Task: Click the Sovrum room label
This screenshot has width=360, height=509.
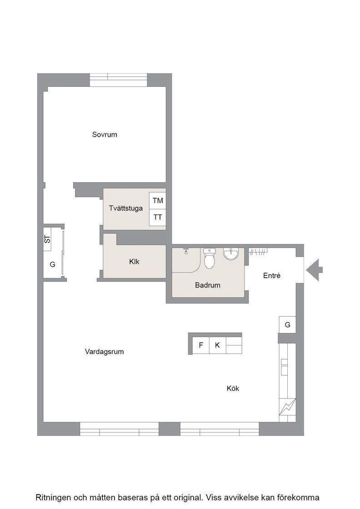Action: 105,135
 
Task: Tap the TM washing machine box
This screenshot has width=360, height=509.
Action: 158,200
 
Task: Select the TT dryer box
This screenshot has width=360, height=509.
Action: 158,218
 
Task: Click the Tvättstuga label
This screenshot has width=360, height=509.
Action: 126,209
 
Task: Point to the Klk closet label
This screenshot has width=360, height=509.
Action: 134,262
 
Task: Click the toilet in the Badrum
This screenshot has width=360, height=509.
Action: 210,259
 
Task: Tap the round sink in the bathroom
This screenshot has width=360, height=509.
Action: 231,254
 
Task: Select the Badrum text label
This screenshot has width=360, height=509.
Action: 208,285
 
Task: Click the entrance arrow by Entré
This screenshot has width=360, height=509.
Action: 314,270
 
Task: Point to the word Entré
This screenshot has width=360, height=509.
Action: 272,275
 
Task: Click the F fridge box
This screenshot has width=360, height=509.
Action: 201,345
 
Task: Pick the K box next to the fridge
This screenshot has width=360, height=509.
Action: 217,345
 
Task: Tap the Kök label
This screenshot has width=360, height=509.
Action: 233,388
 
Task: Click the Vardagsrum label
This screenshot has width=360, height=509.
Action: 104,352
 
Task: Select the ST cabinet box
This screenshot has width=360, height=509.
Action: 47,239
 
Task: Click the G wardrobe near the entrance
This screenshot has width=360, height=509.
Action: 287,324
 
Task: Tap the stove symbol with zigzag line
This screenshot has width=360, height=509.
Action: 287,407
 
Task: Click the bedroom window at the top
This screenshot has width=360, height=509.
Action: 119,80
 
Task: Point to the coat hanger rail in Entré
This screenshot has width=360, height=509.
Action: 258,252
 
